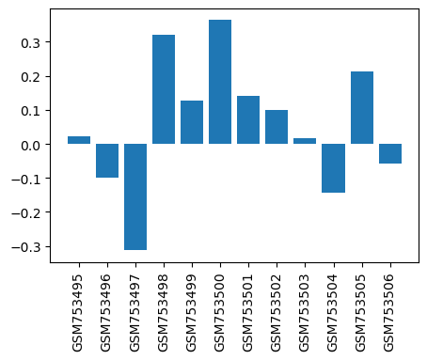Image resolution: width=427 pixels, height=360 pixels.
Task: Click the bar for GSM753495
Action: coord(79,140)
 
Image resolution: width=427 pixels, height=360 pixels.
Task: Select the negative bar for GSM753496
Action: coord(107,161)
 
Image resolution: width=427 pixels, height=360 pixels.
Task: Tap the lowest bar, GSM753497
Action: coord(135,196)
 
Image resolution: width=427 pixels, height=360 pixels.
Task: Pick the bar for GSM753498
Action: coord(164,89)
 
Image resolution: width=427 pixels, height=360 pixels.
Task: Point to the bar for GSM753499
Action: coord(192,122)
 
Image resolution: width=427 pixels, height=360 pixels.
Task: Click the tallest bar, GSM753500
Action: coord(220,82)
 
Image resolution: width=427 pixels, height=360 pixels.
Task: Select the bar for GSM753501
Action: coord(248,120)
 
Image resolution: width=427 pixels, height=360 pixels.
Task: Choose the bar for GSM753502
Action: coord(277,127)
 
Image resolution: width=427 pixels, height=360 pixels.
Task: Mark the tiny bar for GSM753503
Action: coord(305,141)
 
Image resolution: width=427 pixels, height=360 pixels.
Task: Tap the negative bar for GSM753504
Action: coord(333,168)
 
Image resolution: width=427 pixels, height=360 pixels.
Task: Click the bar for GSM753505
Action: coord(362,108)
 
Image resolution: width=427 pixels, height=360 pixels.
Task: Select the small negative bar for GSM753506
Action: coord(390,153)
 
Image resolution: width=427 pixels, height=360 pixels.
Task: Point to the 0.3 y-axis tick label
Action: coord(31,43)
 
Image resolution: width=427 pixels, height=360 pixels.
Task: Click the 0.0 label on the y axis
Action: coord(31,146)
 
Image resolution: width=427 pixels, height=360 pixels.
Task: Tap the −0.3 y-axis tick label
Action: coord(26,247)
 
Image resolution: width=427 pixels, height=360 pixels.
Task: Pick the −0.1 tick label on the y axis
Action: coord(26,180)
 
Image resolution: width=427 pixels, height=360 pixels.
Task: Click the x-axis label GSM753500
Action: coord(219,313)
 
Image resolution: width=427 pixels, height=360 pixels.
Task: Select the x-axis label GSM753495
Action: coord(77,313)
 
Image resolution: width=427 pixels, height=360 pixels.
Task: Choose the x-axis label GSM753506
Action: coord(388,313)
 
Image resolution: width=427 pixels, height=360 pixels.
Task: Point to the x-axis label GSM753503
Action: coord(304,313)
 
